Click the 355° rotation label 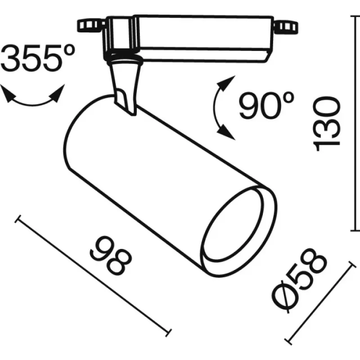pyautogui.click(x=37, y=58)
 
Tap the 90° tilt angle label pyautogui.click(x=266, y=105)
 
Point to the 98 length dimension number pyautogui.click(x=111, y=256)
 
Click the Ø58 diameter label pyautogui.click(x=298, y=280)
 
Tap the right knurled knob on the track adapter pyautogui.click(x=286, y=27)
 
